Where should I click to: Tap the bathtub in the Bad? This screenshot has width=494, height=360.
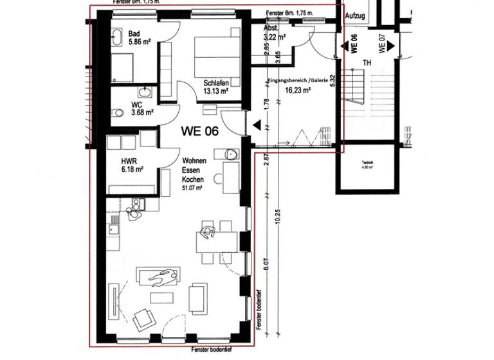tap(120, 38)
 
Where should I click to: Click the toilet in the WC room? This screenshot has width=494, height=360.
tap(117, 113)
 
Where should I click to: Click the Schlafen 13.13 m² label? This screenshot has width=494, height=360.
tap(216, 87)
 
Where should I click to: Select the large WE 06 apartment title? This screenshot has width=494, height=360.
tap(200, 130)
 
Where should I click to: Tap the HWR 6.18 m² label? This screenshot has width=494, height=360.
tap(131, 165)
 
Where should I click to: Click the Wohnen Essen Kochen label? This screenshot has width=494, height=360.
tap(192, 172)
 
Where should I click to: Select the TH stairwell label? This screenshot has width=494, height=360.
tap(367, 62)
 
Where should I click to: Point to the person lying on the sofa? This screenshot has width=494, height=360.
tap(161, 278)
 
